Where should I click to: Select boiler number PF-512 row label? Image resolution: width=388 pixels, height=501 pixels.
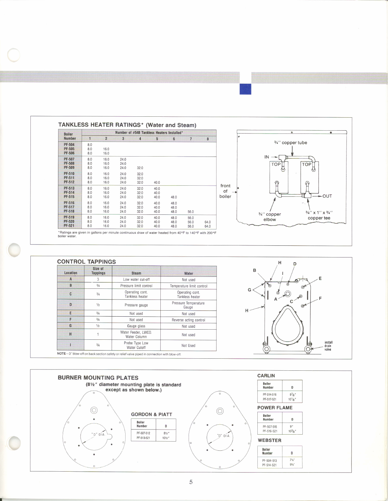pyautogui.click(x=69, y=182)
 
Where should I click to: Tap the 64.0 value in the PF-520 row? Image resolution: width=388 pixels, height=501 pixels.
pyautogui.click(x=208, y=222)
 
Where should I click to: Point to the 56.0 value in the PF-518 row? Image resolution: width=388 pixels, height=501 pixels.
pyautogui.click(x=191, y=212)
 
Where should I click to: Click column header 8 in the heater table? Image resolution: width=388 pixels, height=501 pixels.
pyautogui.click(x=208, y=139)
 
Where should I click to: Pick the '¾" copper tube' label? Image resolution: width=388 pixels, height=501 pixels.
pyautogui.click(x=290, y=143)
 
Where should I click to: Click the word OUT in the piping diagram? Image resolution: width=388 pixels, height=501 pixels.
pyautogui.click(x=327, y=196)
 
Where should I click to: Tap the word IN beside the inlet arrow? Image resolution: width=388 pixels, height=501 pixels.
pyautogui.click(x=267, y=157)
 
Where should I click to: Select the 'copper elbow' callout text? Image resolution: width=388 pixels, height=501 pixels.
pyautogui.click(x=270, y=217)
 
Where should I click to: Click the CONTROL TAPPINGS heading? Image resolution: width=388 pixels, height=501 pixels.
pyautogui.click(x=87, y=262)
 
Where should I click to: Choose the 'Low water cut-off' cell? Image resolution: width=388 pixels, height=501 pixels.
pyautogui.click(x=136, y=280)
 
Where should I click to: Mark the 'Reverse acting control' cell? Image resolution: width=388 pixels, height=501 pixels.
pyautogui.click(x=188, y=320)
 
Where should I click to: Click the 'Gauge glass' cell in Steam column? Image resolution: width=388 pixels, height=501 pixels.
pyautogui.click(x=136, y=326)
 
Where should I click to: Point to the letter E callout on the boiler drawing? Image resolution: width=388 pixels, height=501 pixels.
pyautogui.click(x=320, y=278)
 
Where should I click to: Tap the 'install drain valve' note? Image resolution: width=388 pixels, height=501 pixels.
pyautogui.click(x=328, y=346)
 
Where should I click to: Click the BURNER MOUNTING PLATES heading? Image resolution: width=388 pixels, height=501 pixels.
pyautogui.click(x=98, y=378)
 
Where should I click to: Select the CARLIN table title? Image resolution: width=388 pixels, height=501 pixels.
pyautogui.click(x=266, y=376)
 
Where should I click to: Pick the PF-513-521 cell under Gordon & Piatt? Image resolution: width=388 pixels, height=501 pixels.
pyautogui.click(x=143, y=438)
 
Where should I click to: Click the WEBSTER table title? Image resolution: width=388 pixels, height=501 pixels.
pyautogui.click(x=269, y=440)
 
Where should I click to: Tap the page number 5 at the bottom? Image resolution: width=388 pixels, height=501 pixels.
pyautogui.click(x=191, y=482)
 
